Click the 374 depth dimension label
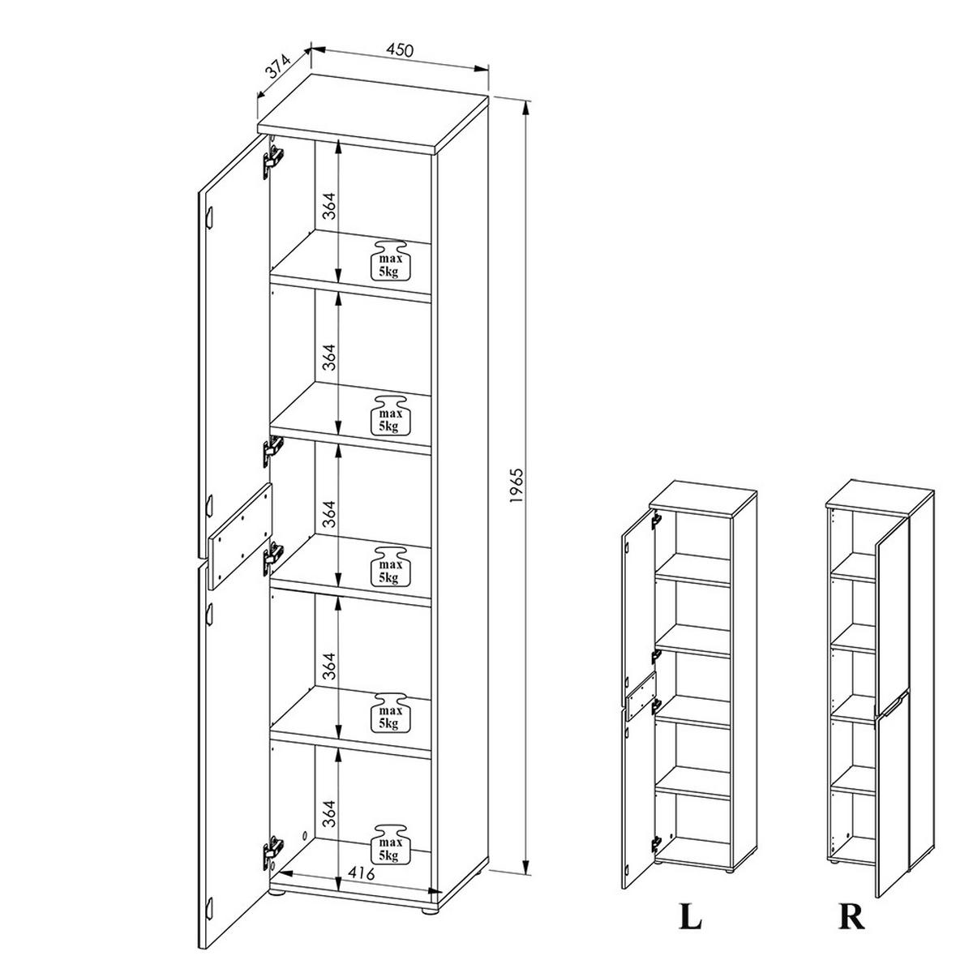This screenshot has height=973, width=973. [x=278, y=74]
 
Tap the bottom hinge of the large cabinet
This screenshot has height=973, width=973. [x=272, y=853]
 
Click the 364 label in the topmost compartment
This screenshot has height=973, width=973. [x=327, y=209]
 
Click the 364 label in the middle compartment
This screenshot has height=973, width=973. [x=327, y=512]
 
